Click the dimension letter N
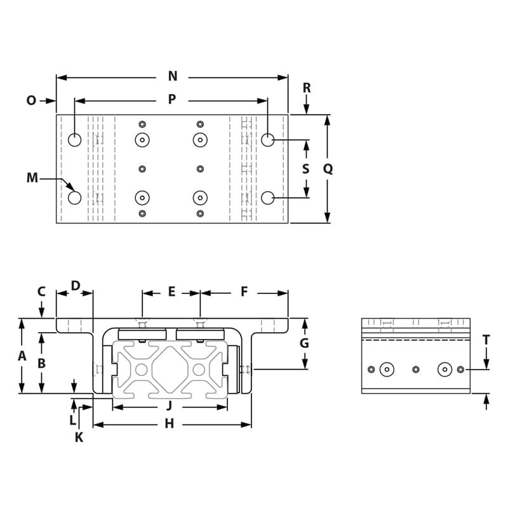click(172, 77)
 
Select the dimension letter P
click(171, 100)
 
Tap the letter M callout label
click(32, 178)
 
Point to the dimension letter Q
click(328, 169)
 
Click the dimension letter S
click(306, 169)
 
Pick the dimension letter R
click(306, 88)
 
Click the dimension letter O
click(31, 100)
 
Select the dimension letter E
click(171, 292)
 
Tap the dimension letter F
click(244, 292)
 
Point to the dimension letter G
click(305, 343)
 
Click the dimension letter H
click(169, 424)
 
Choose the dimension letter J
click(169, 406)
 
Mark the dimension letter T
click(486, 340)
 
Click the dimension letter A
click(22, 356)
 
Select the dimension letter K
click(79, 437)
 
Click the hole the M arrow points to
click(75, 197)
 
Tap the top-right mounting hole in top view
click(268, 140)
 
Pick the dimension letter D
click(75, 286)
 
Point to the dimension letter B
click(42, 363)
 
